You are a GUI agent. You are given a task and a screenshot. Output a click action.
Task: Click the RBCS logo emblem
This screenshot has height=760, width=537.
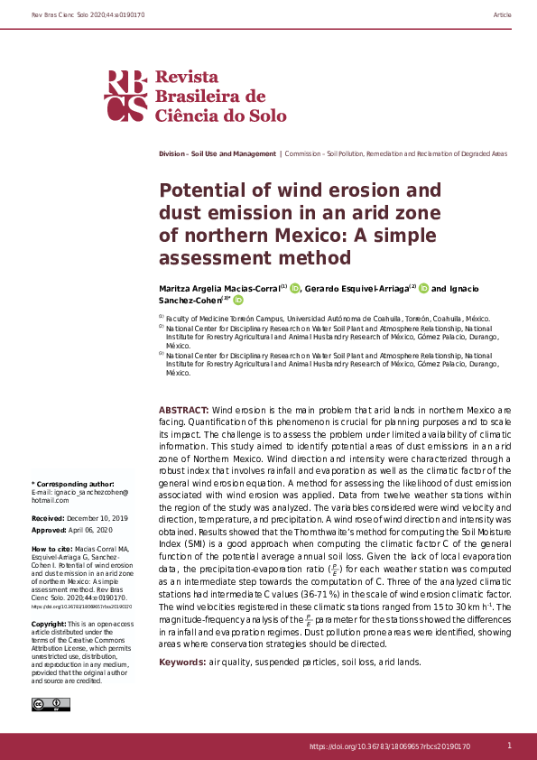click(126, 96)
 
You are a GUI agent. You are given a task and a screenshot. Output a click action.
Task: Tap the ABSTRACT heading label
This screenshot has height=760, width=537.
click(184, 409)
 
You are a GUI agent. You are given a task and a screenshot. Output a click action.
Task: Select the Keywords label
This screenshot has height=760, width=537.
click(182, 662)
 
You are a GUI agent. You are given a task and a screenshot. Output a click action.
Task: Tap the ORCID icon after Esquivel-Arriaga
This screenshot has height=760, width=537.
click(423, 288)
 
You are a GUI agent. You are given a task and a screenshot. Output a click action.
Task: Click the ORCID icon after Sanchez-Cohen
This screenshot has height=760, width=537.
click(238, 301)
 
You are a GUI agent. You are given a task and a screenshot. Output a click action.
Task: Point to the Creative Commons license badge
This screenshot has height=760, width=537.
click(45, 704)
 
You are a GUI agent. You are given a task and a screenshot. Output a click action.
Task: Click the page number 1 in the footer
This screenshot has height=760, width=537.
click(509, 746)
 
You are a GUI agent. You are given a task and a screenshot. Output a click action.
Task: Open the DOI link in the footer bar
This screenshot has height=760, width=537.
click(390, 746)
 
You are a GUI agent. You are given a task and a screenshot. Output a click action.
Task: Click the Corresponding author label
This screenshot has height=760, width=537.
click(73, 485)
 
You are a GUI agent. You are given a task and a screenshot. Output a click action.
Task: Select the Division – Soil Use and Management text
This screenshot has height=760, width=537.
click(217, 154)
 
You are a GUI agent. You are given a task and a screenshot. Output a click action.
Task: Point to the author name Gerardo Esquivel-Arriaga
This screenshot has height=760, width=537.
click(358, 289)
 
